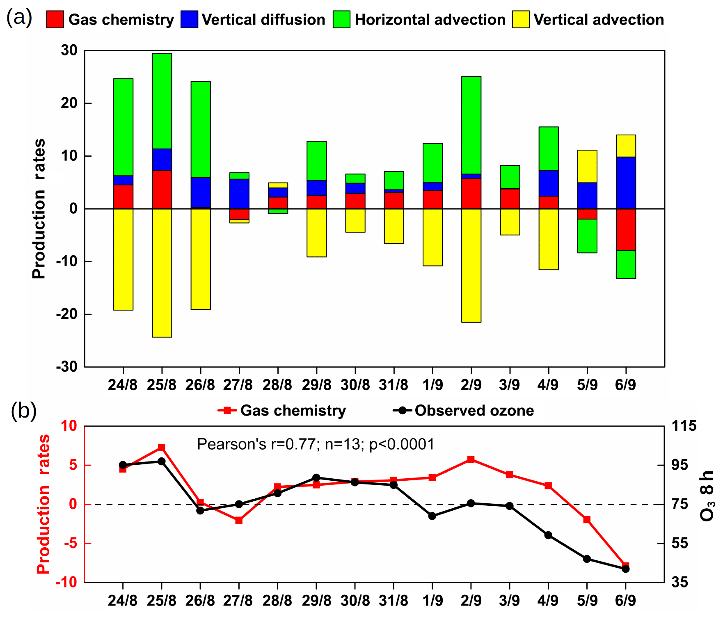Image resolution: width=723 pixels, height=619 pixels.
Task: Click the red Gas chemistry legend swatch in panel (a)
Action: (55, 19)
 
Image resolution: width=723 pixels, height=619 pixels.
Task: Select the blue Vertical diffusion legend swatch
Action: (189, 19)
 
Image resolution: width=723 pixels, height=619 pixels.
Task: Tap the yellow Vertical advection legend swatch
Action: (521, 19)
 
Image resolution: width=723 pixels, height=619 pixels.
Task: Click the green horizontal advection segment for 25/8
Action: (162, 101)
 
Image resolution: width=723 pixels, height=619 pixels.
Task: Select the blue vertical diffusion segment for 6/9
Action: (626, 183)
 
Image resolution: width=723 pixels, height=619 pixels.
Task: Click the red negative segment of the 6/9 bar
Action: (626, 229)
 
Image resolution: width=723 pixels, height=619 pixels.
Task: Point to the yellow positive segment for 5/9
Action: (587, 166)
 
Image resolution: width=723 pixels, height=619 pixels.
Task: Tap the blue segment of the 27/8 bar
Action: (239, 194)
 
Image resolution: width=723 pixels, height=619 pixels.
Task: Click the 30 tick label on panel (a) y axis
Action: (69, 51)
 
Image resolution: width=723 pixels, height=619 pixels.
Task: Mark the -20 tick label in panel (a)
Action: (67, 315)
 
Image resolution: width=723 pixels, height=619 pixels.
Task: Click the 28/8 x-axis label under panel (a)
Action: (278, 385)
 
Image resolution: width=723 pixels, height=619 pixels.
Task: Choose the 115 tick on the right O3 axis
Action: (684, 426)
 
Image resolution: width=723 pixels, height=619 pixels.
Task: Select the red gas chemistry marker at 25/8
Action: (162, 447)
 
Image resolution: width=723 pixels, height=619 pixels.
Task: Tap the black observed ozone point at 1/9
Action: (432, 516)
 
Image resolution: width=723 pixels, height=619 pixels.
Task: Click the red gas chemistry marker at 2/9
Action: (471, 459)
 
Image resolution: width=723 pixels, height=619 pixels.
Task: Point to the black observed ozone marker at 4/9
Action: (548, 535)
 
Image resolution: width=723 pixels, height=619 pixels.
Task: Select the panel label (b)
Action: (23, 411)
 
